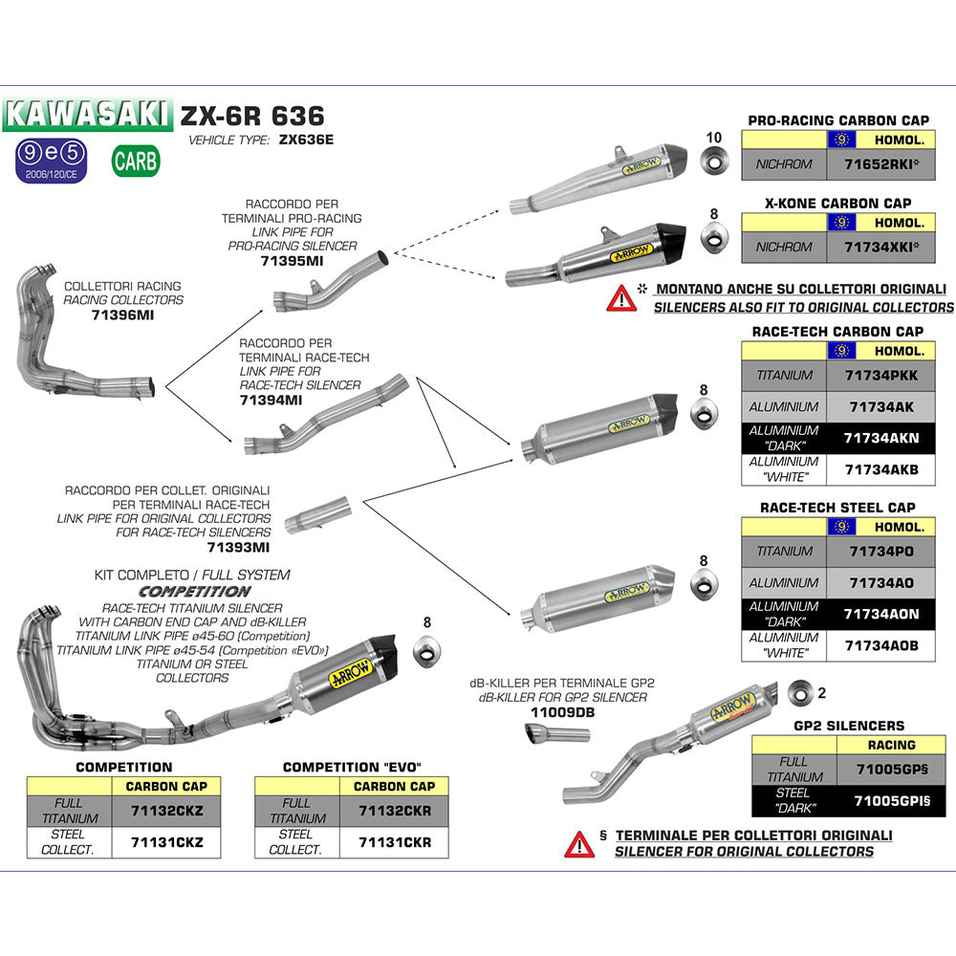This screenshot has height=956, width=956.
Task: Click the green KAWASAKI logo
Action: pos(87,115)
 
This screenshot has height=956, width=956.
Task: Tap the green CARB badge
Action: pos(135,161)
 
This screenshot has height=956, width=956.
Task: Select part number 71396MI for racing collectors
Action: pos(121,314)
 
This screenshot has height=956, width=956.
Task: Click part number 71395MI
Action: pos(292,261)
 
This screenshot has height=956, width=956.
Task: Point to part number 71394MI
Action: pos(272,401)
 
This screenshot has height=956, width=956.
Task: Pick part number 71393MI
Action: pos(238,548)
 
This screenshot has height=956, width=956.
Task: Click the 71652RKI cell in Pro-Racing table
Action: pos(880,164)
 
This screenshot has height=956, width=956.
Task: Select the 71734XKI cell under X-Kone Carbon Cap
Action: pos(880,247)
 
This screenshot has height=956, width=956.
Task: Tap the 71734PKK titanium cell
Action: pos(880,376)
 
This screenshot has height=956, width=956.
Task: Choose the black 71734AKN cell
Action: pos(880,438)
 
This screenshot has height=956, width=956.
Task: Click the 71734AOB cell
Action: pos(880,645)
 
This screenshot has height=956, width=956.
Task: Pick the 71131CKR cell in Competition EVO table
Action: pos(395,843)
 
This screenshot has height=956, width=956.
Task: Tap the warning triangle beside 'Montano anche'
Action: pos(621,298)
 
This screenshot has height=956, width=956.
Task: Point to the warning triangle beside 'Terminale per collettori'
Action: pos(579,843)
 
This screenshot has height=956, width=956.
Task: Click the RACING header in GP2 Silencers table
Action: pos(890,745)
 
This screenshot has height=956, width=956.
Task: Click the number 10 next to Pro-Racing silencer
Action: pos(713,138)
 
